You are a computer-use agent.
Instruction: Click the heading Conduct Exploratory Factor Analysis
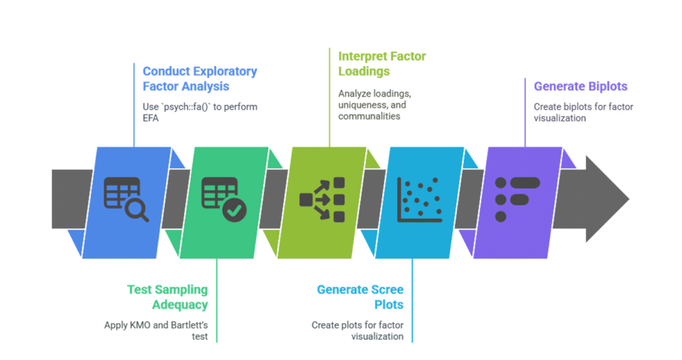tap(200, 79)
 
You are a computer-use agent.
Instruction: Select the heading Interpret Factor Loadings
tap(381, 63)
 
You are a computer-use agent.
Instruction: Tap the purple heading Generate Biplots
tap(580, 87)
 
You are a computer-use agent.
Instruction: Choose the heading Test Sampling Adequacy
tap(167, 297)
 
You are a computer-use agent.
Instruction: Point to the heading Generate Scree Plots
tap(360, 297)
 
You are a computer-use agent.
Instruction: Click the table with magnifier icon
tap(125, 199)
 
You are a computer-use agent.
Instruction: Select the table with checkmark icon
tap(223, 199)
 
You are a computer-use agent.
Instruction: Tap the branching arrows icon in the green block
tap(322, 200)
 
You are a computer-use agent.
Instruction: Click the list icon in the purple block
tap(516, 199)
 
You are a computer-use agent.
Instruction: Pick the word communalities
tap(369, 116)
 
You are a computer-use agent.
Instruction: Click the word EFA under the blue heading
tap(152, 118)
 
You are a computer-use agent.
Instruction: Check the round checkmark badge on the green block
tap(235, 209)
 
